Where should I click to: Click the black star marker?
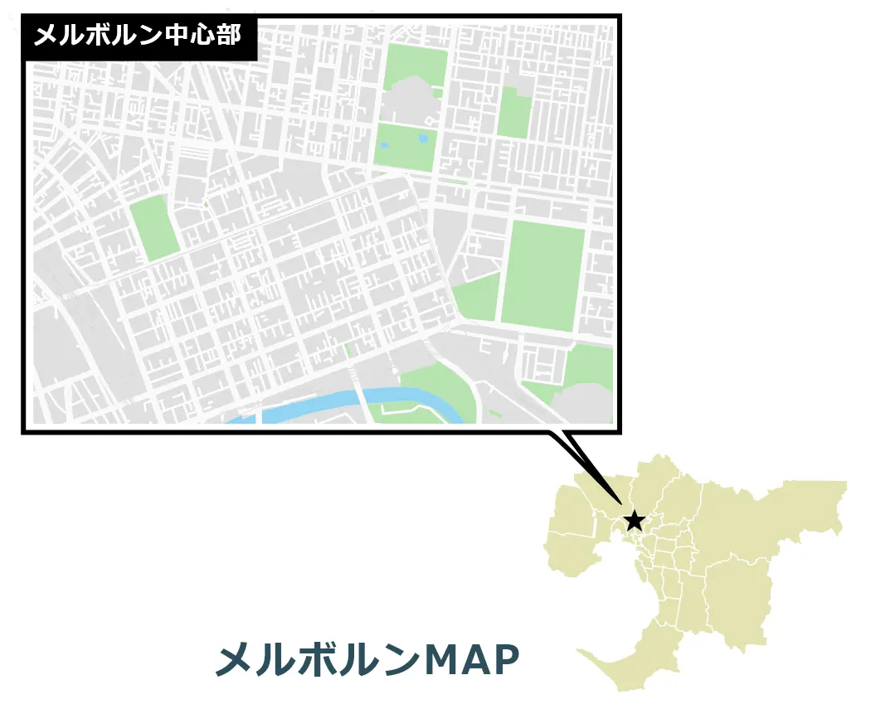[x=635, y=521]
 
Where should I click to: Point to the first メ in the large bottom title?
[x=234, y=660]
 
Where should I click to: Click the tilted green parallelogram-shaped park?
[x=154, y=228]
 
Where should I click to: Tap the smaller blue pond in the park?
[x=384, y=146]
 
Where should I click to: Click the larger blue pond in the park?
[x=423, y=138]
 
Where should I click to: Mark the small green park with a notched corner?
[x=514, y=112]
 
